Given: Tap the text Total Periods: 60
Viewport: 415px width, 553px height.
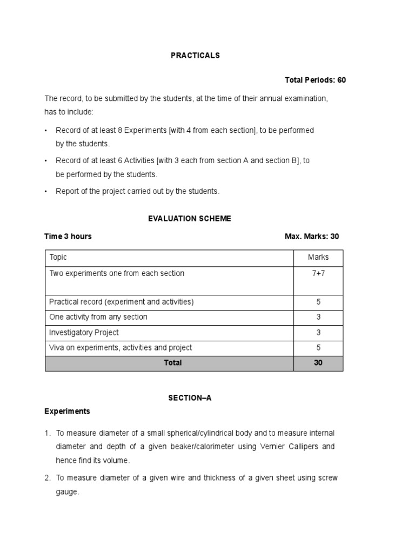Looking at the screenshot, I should pos(315,80).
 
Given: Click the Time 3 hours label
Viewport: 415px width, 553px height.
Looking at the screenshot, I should pos(68,237).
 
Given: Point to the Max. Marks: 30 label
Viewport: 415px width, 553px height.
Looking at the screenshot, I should pos(312,237).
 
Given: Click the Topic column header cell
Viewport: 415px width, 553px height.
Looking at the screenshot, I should pos(58,258).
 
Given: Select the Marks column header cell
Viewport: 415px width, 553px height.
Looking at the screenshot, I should pos(318,258).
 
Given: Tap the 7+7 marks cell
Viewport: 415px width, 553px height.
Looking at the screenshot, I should pos(318,274).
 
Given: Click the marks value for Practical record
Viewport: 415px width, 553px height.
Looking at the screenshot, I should pos(318,302).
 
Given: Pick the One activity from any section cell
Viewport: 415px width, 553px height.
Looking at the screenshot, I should pos(98,317).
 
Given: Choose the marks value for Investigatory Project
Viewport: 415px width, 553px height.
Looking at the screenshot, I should pos(318,333).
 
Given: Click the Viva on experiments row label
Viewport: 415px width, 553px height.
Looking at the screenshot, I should pos(121,348).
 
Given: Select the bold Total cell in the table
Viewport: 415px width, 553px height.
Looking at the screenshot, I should pos(172,363).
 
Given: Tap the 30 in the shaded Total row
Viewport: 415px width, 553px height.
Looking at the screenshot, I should pos(318,363).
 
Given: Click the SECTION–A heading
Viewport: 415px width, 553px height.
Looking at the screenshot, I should pos(190,397).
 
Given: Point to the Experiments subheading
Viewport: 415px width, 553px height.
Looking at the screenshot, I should pos(67,412).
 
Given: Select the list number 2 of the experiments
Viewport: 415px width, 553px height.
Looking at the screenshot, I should pos(47,478).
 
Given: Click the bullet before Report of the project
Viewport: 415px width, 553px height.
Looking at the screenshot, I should pos(46,191).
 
